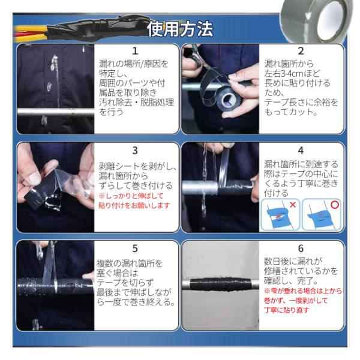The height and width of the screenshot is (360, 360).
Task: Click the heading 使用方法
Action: point(180,29)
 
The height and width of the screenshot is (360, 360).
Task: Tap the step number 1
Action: point(135,51)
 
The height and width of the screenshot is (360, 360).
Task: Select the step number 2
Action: point(301,51)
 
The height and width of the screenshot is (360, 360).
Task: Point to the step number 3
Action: point(135,151)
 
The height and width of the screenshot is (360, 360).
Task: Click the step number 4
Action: point(301,151)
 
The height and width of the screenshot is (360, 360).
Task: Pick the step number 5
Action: point(135,248)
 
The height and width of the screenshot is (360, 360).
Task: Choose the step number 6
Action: point(301,248)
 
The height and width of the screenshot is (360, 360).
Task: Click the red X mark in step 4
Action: point(293,205)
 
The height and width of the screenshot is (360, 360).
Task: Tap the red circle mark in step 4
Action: point(335,205)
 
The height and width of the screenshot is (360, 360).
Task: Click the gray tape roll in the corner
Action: point(316,20)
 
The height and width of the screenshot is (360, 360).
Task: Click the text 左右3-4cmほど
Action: point(292,73)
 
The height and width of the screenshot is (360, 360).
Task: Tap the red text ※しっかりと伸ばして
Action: point(131,196)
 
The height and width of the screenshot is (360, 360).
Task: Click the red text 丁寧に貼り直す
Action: point(287,310)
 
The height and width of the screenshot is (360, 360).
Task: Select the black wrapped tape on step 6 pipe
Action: point(220,284)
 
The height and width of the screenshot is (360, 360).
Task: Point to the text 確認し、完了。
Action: point(290,281)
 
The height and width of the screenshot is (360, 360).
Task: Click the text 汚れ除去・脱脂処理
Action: point(136,103)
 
